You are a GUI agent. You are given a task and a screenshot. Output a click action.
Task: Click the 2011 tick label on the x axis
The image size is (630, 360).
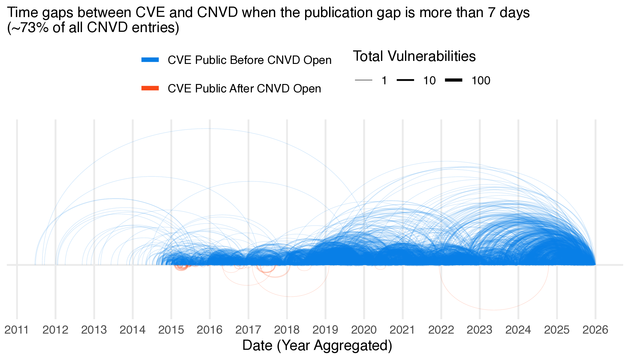[x=16, y=330]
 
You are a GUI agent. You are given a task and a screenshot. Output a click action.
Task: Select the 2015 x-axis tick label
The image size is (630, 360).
[x=171, y=330]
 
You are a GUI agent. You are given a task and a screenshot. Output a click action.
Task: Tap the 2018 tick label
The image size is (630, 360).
[x=287, y=330]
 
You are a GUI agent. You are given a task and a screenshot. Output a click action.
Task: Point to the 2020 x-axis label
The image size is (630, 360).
[x=364, y=330]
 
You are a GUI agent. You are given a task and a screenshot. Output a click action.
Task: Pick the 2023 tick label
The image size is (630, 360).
[x=479, y=330]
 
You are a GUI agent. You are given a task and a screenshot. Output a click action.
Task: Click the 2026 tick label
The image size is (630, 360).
[x=595, y=330]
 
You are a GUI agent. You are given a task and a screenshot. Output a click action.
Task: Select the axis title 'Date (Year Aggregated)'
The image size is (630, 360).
[x=317, y=346]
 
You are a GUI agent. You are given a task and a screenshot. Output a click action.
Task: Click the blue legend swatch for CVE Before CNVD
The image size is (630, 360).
[x=150, y=60]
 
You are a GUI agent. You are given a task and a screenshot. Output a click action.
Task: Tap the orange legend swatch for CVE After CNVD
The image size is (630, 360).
[x=150, y=88]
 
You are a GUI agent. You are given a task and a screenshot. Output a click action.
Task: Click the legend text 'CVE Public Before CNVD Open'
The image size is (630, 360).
[x=249, y=60]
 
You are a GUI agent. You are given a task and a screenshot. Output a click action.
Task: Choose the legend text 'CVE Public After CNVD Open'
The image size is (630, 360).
[x=244, y=88]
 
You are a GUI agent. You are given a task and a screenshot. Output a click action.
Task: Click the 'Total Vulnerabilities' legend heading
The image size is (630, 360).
[x=414, y=56]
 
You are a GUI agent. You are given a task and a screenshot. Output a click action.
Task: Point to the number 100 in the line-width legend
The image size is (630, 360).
[x=481, y=80]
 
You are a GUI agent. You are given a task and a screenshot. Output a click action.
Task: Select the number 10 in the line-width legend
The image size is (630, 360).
[x=429, y=80]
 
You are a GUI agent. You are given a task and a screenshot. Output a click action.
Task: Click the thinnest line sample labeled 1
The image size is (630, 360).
[x=363, y=80]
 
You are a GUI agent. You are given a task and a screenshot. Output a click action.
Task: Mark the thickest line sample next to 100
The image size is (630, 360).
[x=454, y=80]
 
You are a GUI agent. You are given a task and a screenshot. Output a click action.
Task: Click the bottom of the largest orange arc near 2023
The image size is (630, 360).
[x=494, y=310]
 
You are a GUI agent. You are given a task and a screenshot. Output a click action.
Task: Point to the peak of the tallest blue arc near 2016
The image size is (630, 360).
[x=207, y=129]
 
